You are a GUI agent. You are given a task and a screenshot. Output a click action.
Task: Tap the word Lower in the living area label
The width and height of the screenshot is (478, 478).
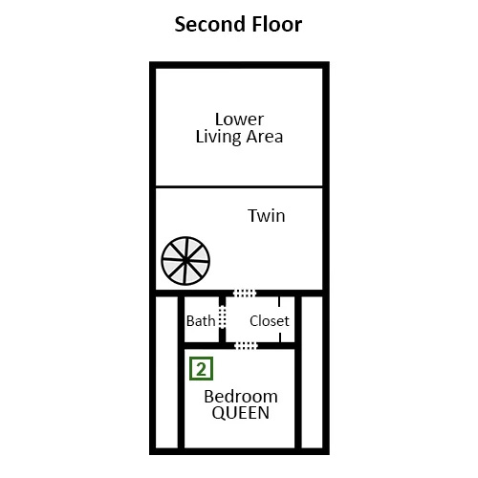(x=239, y=119)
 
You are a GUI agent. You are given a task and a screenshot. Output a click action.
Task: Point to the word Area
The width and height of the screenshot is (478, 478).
(x=265, y=137)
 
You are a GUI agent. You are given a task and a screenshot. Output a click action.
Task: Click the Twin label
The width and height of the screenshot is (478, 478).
(x=267, y=216)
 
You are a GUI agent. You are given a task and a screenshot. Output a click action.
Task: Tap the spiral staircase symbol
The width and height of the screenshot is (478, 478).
(x=185, y=261)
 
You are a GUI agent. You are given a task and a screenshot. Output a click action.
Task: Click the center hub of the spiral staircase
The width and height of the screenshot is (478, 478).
(x=185, y=261)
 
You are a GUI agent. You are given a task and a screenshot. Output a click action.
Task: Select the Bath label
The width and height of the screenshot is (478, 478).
(x=201, y=321)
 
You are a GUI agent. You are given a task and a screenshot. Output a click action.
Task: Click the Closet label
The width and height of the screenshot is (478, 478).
(x=270, y=321)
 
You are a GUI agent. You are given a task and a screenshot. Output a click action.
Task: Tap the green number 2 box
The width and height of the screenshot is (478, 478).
(x=201, y=369)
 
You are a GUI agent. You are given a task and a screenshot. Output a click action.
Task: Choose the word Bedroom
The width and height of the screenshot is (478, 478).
(x=241, y=397)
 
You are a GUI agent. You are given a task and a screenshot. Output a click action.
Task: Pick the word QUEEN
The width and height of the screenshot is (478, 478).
(x=241, y=413)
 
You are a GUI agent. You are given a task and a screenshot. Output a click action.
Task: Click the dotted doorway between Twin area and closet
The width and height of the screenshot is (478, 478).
(x=245, y=293)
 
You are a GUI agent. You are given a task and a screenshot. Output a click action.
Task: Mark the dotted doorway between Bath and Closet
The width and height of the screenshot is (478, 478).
(x=223, y=316)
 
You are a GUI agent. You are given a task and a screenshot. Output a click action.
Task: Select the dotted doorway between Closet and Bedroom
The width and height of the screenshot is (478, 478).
(x=246, y=346)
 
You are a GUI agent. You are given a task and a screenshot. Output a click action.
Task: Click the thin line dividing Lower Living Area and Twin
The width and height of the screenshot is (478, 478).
(x=239, y=186)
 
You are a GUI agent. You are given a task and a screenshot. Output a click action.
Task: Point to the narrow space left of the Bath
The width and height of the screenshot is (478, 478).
(x=166, y=372)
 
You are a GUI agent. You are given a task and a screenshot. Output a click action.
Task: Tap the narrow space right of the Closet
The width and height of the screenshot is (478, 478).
(x=312, y=372)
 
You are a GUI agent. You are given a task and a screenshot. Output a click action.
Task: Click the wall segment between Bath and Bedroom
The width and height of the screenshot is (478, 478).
(x=202, y=346)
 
